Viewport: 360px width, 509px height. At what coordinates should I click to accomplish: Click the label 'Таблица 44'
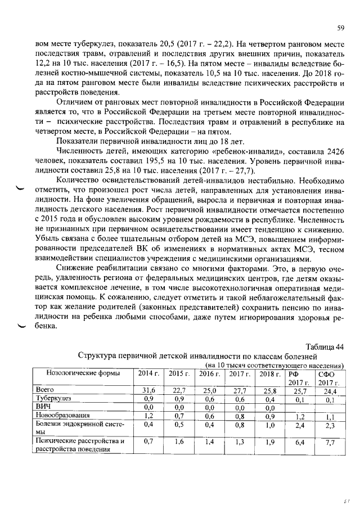325,346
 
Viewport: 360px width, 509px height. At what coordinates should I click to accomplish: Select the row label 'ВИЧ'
43,407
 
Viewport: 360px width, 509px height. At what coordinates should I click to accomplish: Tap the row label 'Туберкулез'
51,399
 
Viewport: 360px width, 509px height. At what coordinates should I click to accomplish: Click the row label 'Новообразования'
59,416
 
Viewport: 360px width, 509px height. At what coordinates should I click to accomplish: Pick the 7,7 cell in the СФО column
330,443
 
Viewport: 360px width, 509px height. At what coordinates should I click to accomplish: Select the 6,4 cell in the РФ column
299,443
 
